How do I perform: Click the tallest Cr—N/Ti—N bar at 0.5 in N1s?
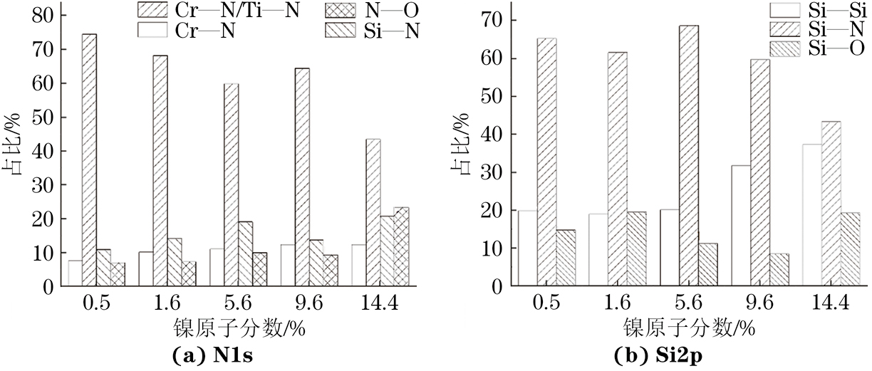pos(89,160)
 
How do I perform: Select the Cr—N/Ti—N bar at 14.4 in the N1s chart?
pos(373,213)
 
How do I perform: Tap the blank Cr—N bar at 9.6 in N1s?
pos(288,266)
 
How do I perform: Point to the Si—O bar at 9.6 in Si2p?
pos(779,270)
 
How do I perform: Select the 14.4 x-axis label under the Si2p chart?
pos(830,304)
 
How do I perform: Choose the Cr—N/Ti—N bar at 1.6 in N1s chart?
pos(160,171)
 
